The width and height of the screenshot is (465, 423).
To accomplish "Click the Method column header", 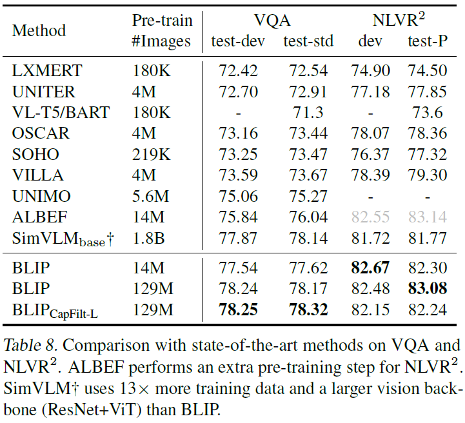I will click(x=39, y=30).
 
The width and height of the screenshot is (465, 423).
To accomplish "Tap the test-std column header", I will click(x=308, y=41).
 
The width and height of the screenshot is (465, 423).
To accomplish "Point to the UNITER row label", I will click(x=43, y=92).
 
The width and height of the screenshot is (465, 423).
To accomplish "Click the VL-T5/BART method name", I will click(x=61, y=112).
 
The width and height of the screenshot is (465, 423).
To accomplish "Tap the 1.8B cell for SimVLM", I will click(x=148, y=239).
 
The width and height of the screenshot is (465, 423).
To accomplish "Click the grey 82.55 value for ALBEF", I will click(x=370, y=217).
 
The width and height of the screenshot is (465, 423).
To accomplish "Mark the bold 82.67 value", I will click(x=370, y=267).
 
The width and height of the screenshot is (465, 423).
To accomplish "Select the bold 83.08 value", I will click(x=428, y=288).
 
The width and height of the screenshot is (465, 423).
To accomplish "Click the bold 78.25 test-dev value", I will click(x=238, y=310).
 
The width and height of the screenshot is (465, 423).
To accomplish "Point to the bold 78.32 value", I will click(x=308, y=310).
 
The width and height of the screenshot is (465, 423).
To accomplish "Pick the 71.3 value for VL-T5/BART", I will click(x=308, y=112).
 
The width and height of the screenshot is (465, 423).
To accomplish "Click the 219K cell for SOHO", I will click(x=150, y=155).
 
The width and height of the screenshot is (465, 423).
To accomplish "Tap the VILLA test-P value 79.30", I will click(x=428, y=175).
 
